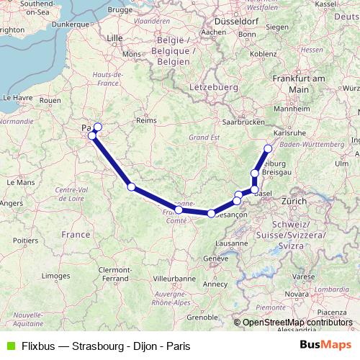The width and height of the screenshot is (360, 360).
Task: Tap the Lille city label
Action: pyautogui.click(x=114, y=37)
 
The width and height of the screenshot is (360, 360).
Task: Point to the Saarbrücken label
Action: pyautogui.click(x=242, y=122)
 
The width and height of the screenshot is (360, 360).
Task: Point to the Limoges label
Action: pyautogui.click(x=56, y=275)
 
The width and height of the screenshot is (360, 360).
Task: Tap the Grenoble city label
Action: pyautogui.click(x=202, y=316)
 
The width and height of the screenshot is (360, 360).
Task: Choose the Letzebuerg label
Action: pyautogui.click(x=213, y=86)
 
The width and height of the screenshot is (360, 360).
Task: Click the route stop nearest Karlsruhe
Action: pyautogui.click(x=268, y=149)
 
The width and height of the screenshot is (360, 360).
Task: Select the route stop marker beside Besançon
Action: pyautogui.click(x=211, y=213)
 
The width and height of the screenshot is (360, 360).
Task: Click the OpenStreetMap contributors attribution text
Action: pyautogui.click(x=297, y=323)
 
